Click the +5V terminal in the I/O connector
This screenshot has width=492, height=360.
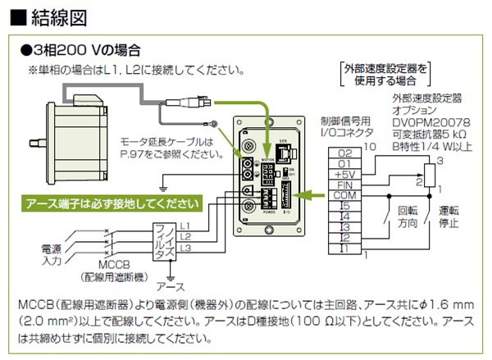[344, 174]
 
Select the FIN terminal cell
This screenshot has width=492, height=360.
[344, 185]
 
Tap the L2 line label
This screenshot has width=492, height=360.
[185, 236]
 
